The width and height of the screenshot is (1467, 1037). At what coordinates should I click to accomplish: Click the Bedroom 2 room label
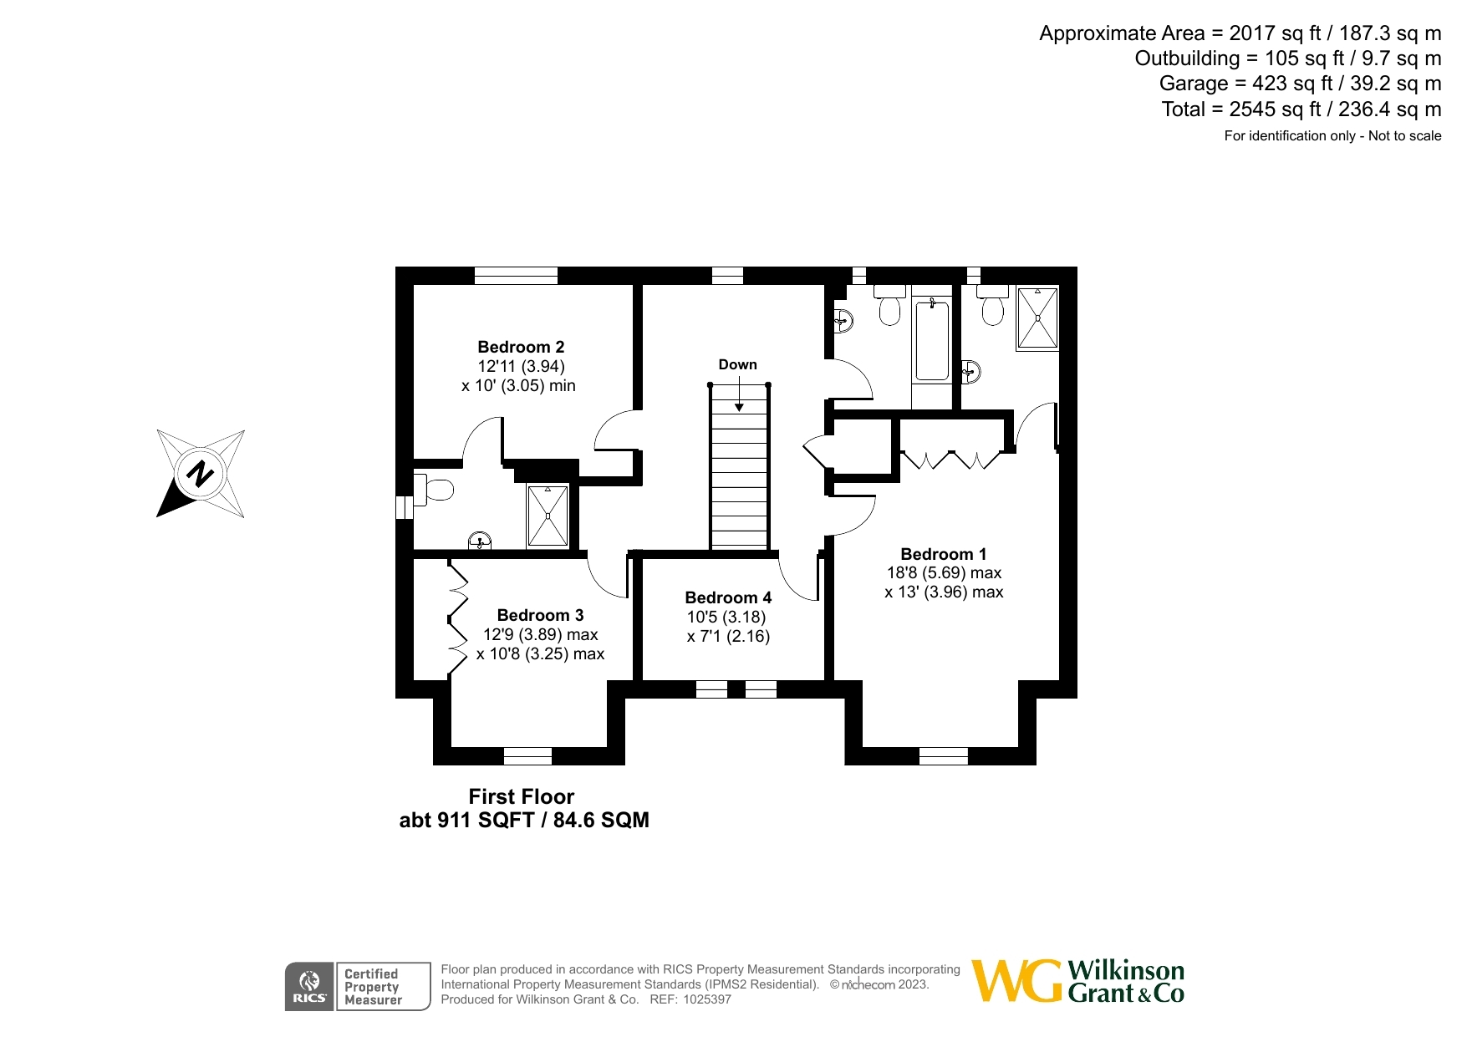pos(521,347)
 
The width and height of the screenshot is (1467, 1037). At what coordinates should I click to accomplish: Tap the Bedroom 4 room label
pos(728,597)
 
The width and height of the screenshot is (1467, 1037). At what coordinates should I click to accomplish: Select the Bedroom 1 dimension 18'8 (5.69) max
pos(944,573)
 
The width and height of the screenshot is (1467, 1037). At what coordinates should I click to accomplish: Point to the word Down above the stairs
pos(737,364)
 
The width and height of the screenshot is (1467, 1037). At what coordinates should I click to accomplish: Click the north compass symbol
pos(201,474)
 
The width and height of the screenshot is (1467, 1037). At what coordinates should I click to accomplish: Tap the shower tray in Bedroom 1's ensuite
pos(1037,318)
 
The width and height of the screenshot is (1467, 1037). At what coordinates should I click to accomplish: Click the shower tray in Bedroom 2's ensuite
pos(548,516)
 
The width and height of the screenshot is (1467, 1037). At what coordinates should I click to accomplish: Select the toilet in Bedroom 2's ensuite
pos(432,489)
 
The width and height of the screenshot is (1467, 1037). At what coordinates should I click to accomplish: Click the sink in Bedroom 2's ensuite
pos(480,540)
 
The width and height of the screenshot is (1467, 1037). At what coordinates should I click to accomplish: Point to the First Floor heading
pos(522,796)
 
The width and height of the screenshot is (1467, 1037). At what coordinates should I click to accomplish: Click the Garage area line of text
pos(1300,84)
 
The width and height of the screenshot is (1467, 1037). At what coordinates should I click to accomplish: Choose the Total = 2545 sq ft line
pos(1301,109)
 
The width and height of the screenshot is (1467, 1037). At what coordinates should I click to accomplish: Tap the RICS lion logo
pos(309,987)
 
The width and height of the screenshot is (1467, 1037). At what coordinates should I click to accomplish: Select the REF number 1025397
pos(707,999)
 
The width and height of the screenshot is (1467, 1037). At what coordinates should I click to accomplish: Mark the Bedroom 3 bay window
pos(527,755)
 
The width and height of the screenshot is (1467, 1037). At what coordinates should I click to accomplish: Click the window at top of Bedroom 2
pos(516,276)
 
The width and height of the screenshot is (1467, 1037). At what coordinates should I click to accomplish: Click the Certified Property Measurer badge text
pos(373,987)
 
